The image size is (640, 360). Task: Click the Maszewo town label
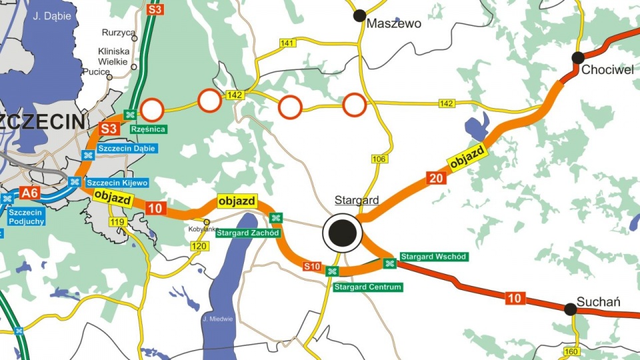tap(395, 24)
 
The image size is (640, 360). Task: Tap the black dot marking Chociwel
tap(578, 58)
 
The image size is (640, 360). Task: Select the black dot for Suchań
tap(570, 309)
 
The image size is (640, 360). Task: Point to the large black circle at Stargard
tap(342, 233)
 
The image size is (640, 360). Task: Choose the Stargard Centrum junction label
tap(368, 287)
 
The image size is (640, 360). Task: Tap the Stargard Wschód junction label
tap(433, 257)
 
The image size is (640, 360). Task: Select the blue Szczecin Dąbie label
tap(127, 148)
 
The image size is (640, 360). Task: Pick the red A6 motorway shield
tap(29, 193)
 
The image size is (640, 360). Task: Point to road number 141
tap(287, 43)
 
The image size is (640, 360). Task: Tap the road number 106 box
tap(379, 159)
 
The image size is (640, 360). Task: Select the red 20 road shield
tap(436, 178)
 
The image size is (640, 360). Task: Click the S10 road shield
tap(312, 267)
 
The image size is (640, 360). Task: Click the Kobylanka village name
tap(203, 229)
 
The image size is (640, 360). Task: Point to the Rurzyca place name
tap(118, 32)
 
